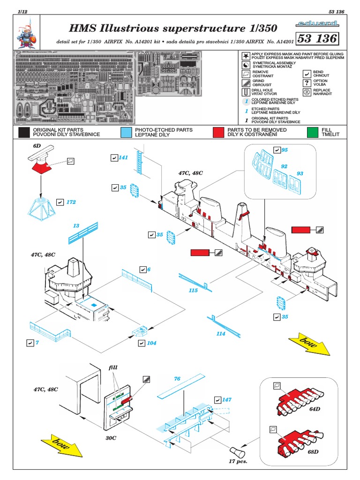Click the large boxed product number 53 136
[x=317, y=37]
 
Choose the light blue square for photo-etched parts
[x=125, y=132]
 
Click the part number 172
[x=71, y=202]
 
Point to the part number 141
[x=123, y=157]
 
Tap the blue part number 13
[x=76, y=226]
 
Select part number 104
[x=151, y=343]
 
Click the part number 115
[x=193, y=291]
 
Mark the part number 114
[x=220, y=334]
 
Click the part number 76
[x=177, y=379]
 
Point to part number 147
[x=227, y=400]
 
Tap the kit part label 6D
[x=37, y=146]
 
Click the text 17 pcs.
[x=238, y=461]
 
